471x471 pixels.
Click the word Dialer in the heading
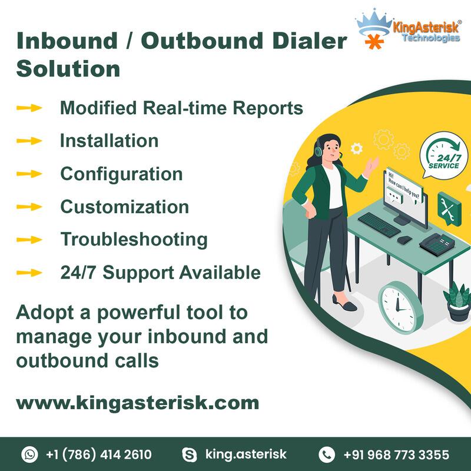(x=310, y=41)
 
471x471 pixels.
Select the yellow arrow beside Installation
(x=29, y=141)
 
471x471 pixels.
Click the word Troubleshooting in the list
(x=134, y=240)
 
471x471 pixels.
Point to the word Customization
(x=125, y=207)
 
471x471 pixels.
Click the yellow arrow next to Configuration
(x=29, y=174)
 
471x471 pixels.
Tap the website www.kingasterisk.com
(x=138, y=403)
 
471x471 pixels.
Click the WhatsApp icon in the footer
(x=29, y=454)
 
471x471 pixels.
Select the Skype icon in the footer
(x=190, y=455)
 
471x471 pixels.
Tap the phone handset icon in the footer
(x=327, y=454)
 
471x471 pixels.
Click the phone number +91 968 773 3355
(x=396, y=455)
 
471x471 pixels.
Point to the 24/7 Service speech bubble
(x=443, y=156)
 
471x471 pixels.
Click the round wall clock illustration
(x=401, y=307)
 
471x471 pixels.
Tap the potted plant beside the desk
(x=457, y=302)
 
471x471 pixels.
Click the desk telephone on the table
(x=437, y=244)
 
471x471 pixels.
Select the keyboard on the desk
(x=379, y=224)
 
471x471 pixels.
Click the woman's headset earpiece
(x=319, y=150)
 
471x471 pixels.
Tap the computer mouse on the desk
(x=404, y=240)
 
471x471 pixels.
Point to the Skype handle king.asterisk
(x=246, y=454)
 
